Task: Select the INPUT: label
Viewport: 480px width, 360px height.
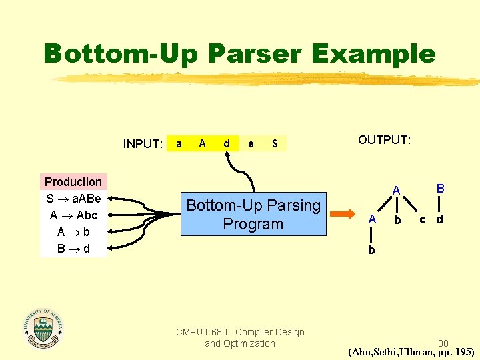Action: point(143,144)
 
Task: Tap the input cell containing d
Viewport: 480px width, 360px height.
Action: point(227,143)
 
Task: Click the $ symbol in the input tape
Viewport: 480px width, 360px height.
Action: point(275,143)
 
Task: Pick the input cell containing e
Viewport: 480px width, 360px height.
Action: point(251,143)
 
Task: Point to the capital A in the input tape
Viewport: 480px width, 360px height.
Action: point(202,143)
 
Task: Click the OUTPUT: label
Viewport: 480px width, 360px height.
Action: point(385,140)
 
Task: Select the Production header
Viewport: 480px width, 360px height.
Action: point(73,182)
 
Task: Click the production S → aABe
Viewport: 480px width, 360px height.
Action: point(73,199)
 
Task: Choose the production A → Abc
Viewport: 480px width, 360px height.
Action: point(73,215)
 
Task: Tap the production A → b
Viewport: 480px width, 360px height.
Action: point(73,232)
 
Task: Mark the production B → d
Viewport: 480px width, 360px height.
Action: point(73,249)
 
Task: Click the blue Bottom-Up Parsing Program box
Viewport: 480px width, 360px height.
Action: point(253,215)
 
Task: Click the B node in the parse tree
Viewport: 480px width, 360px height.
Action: point(440,189)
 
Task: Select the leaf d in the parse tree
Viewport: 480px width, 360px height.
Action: point(440,219)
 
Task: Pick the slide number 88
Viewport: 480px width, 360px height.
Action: point(443,343)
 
